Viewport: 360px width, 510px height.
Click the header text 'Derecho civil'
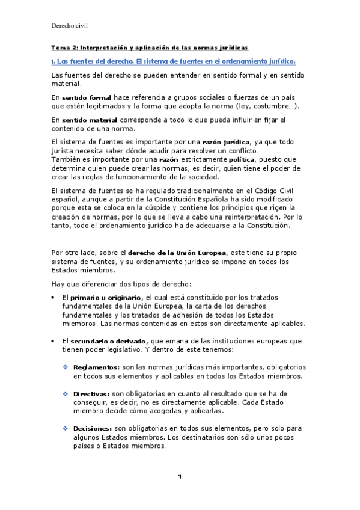[70, 26]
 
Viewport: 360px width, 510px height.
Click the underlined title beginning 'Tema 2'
[149, 48]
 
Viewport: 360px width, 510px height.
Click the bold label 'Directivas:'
[93, 393]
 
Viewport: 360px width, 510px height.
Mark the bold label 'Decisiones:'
[93, 428]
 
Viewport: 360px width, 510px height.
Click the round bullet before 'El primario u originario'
[53, 298]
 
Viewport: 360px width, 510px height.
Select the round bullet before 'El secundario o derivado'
[53, 341]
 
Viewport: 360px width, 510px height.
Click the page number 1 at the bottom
[179, 477]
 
